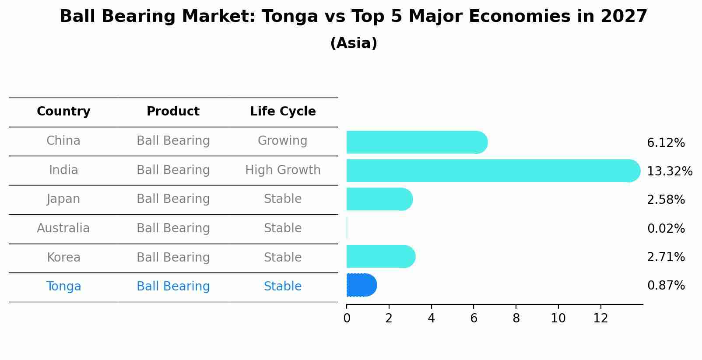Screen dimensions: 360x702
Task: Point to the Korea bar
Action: (x=380, y=256)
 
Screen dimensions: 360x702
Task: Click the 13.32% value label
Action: (x=669, y=171)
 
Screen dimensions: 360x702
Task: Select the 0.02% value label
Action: (x=666, y=228)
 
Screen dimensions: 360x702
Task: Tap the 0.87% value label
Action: (x=666, y=286)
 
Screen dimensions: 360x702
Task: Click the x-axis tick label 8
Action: (x=516, y=318)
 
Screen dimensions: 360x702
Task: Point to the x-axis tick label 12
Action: (x=600, y=318)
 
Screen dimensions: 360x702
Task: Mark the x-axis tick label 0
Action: (x=347, y=318)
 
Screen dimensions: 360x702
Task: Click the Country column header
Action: (x=63, y=112)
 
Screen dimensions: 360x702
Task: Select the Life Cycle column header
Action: (x=283, y=112)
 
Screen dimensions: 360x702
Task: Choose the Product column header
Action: (x=173, y=112)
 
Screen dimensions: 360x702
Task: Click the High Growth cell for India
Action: (x=283, y=170)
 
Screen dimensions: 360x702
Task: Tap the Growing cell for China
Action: (x=282, y=141)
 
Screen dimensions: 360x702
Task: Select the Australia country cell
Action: (x=63, y=228)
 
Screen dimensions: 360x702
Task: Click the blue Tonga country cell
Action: (x=63, y=287)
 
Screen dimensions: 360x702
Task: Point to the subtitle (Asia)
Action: (x=354, y=43)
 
